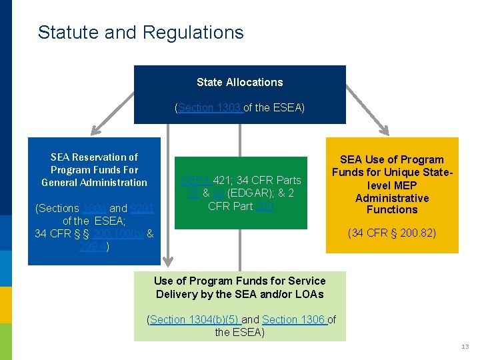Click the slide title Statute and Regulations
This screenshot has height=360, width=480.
[141, 32]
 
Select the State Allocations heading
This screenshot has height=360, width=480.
[239, 82]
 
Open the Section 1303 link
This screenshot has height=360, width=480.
[210, 107]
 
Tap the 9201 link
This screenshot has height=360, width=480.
[142, 209]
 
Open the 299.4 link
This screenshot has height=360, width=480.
[93, 247]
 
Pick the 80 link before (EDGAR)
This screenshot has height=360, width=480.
[219, 193]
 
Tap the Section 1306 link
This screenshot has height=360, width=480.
[294, 320]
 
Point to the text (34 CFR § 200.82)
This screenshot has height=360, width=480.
[391, 234]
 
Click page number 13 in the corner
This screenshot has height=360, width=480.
[465, 347]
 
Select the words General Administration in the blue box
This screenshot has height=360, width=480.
[94, 183]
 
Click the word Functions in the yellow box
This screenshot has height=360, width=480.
[391, 209]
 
